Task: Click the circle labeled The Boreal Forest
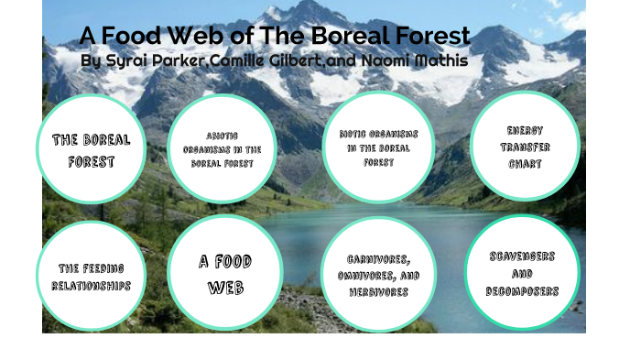[91, 149]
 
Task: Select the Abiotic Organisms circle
[222, 148]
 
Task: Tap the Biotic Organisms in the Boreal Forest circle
[378, 147]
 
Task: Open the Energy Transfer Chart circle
[525, 147]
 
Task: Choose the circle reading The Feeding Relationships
[91, 276]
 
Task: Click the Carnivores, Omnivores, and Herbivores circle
[378, 275]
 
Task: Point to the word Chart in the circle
[525, 165]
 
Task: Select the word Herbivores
[378, 292]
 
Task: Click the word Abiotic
[222, 134]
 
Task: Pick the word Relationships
[91, 286]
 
